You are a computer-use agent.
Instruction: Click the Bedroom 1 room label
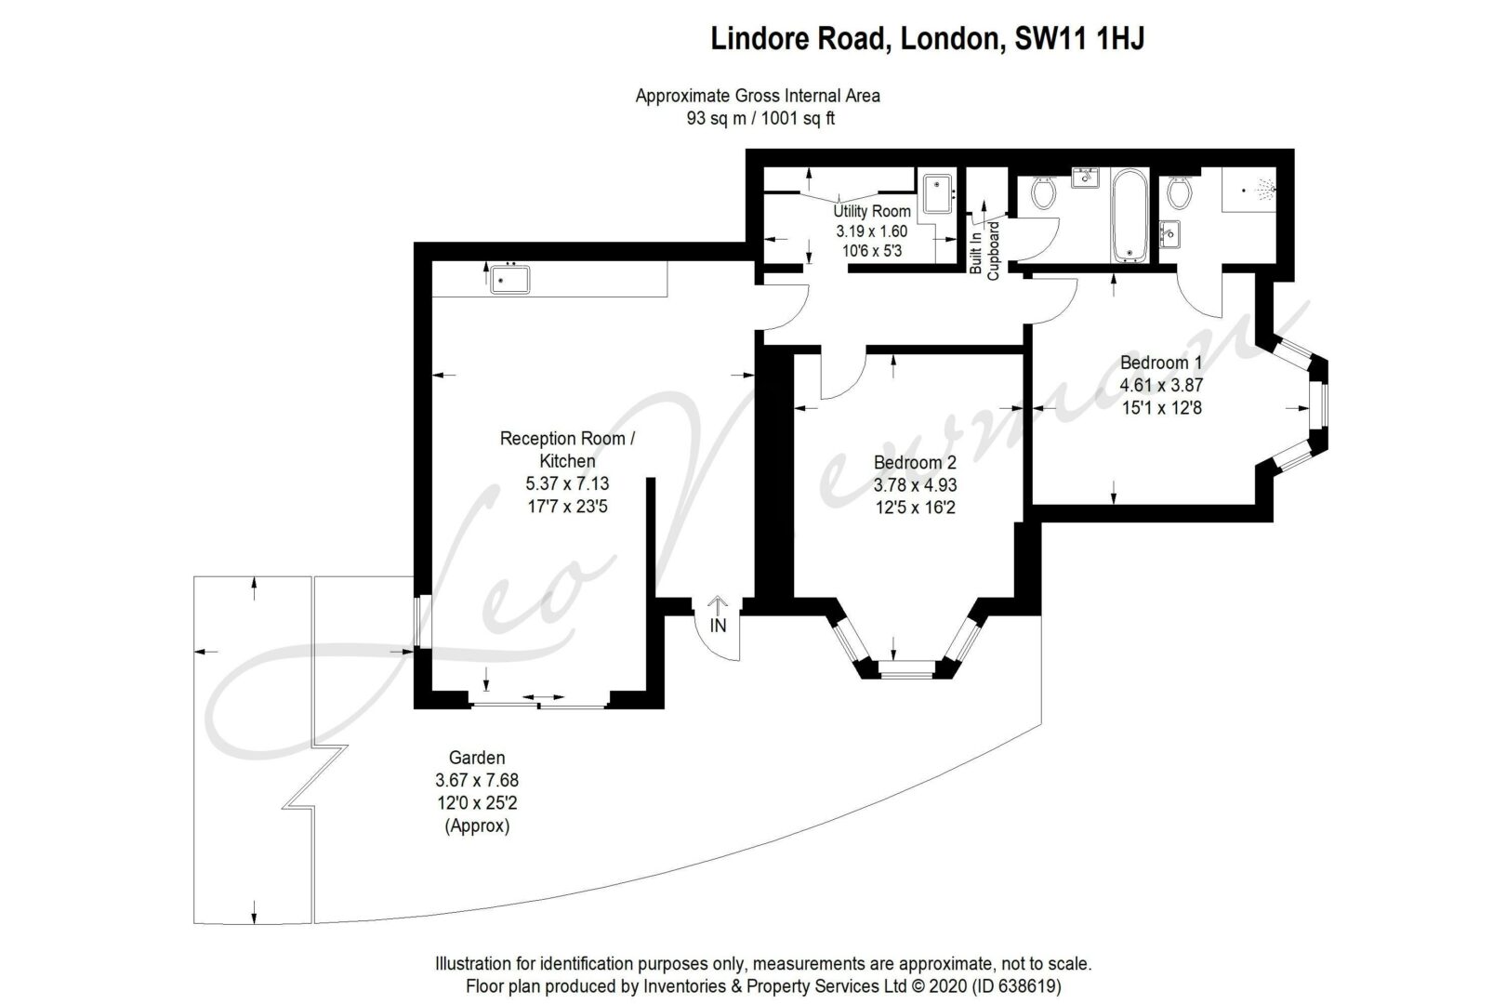(1161, 363)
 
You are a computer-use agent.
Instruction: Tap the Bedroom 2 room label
(915, 463)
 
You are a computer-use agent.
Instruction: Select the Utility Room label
(872, 211)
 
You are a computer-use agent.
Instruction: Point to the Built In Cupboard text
(984, 248)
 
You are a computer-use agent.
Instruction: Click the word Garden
(477, 758)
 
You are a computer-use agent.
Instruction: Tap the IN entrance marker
(718, 626)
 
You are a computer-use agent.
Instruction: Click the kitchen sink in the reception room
(509, 279)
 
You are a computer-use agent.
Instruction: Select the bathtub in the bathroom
(1129, 215)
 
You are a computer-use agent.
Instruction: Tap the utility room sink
(937, 193)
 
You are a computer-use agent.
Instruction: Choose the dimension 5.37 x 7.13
(567, 483)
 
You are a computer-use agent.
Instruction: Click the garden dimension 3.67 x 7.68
(477, 781)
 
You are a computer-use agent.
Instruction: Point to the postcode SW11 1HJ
(1079, 38)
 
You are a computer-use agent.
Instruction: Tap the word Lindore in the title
(759, 38)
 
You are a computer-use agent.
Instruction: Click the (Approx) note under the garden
(477, 826)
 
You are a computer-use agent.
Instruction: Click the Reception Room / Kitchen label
(567, 450)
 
